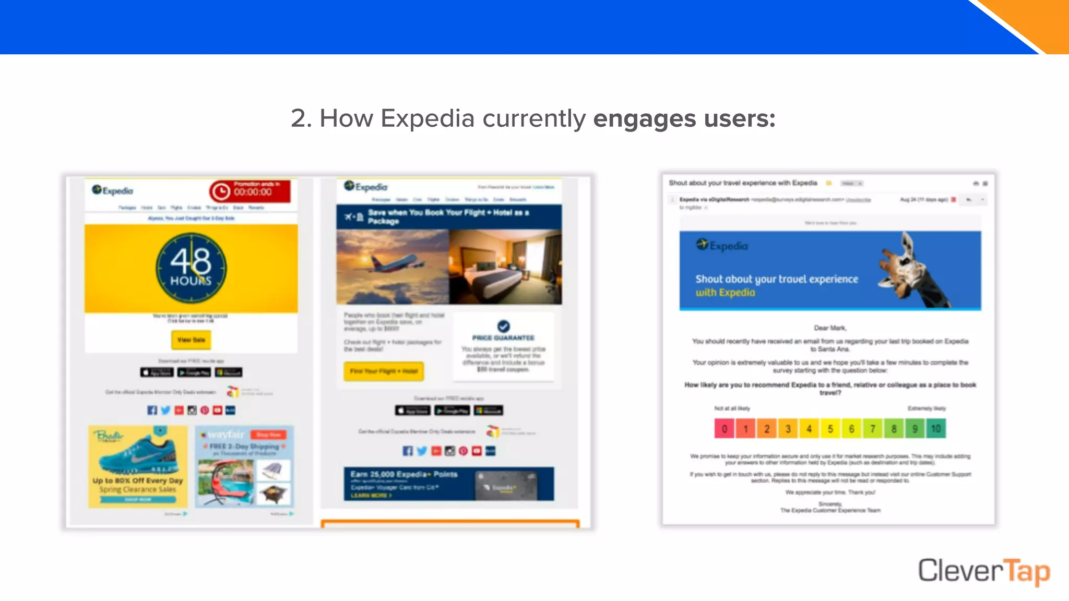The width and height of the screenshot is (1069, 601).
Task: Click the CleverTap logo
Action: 983,571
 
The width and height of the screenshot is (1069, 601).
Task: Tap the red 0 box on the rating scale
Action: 724,429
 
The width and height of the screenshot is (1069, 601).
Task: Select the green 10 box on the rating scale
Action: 936,429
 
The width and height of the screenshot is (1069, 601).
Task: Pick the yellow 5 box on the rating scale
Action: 830,429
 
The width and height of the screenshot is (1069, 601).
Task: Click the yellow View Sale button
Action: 191,340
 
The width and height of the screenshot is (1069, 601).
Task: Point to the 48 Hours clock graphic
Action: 191,268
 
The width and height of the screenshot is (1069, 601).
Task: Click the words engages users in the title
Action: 684,118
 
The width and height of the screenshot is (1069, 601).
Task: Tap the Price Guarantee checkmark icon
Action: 503,327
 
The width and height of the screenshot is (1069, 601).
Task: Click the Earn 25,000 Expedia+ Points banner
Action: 448,484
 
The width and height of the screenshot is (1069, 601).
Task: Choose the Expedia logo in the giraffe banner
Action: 722,245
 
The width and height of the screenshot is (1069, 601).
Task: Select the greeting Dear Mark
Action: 830,328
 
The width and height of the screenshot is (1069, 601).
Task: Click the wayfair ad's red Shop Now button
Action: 268,435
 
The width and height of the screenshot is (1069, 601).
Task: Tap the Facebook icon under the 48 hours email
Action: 152,410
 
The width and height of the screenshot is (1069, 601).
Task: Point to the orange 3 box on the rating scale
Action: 788,429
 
